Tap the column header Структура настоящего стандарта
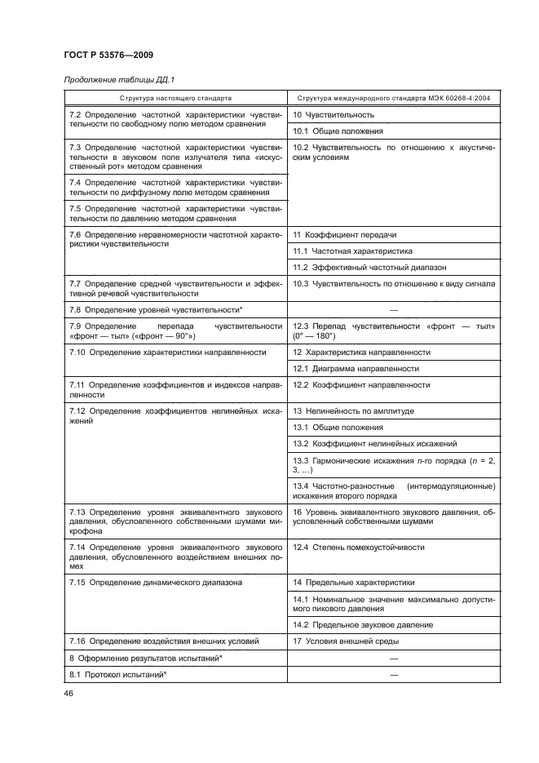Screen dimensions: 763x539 (x=175, y=97)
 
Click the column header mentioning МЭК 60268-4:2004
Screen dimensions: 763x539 (x=395, y=97)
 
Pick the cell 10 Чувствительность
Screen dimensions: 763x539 (x=334, y=115)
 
